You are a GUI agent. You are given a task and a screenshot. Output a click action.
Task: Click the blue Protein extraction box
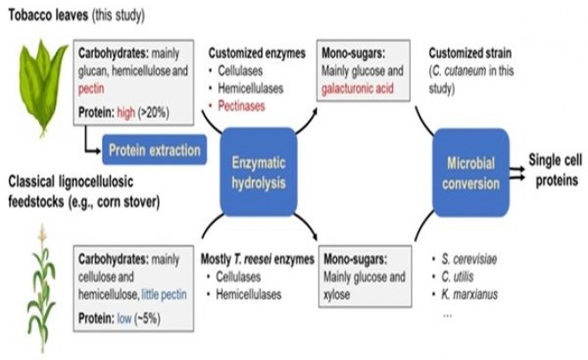(153, 150)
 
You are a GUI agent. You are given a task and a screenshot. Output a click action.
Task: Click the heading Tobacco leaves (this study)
(76, 17)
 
